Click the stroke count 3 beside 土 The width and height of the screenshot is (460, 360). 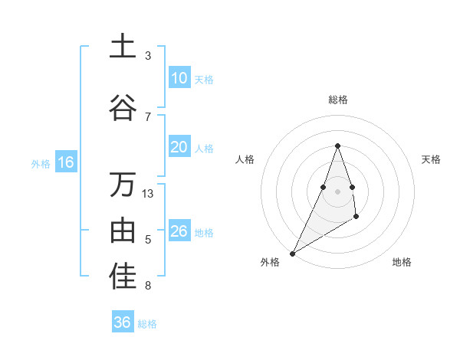148,56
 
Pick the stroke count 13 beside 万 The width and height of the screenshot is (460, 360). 149,194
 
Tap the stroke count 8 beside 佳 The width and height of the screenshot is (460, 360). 148,286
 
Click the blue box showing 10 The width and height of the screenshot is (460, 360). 179,78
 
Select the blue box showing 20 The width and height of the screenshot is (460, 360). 179,148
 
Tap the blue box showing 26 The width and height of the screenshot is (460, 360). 179,231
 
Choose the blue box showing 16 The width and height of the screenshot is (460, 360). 65,162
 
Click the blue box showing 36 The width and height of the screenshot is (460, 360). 123,322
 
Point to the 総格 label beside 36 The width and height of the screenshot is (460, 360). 147,324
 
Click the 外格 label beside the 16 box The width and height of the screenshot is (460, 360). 41,163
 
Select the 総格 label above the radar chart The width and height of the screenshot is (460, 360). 337,100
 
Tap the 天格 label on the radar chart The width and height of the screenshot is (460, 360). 431,159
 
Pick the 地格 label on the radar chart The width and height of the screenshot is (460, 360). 402,262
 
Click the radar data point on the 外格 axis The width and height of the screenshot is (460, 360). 292,254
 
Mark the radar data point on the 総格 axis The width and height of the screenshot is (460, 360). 337,146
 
